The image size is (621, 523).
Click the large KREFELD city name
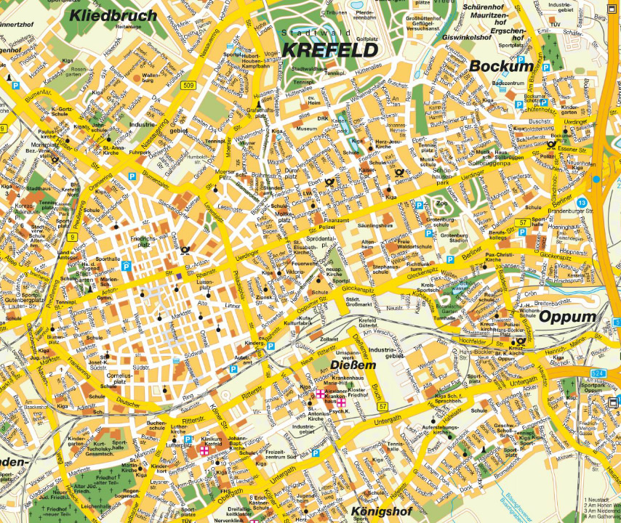click(x=329, y=50)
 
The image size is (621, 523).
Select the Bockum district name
click(x=501, y=66)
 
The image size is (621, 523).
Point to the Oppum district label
click(x=566, y=317)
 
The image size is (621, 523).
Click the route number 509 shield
click(x=188, y=86)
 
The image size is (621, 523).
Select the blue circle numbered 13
click(x=581, y=203)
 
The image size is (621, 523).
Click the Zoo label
click(x=441, y=205)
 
